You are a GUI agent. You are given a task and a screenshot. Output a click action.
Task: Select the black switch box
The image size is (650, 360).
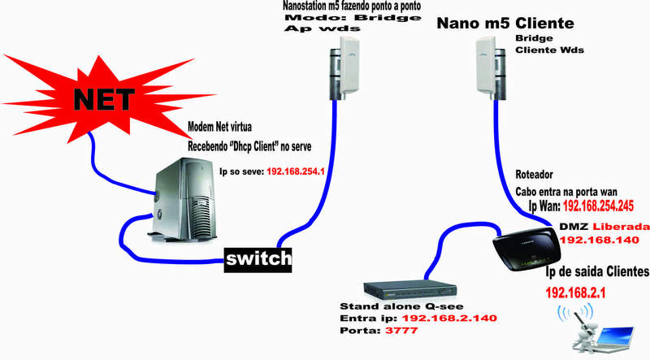point(258,258)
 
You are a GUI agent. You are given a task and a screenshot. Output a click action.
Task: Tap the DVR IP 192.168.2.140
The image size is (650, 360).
point(450,319)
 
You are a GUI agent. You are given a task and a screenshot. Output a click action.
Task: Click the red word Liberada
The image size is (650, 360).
point(620,225)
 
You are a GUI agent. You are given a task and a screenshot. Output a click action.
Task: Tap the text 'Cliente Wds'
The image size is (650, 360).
point(550,50)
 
